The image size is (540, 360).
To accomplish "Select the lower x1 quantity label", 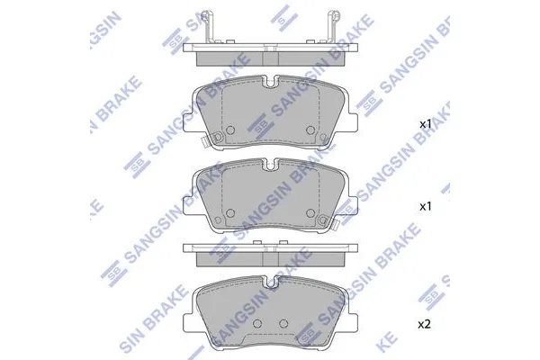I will [x=427, y=206].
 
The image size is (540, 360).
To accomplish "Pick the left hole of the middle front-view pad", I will [x=229, y=215].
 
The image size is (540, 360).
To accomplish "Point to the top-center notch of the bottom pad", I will [x=270, y=279].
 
